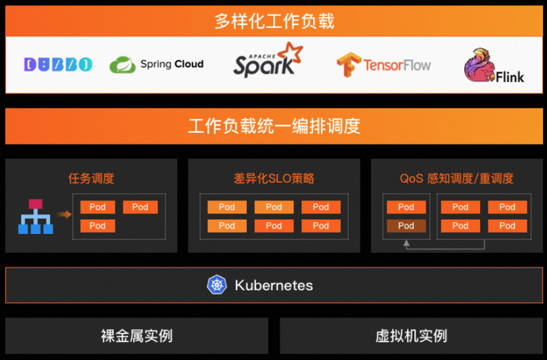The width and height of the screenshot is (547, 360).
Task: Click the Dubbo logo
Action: click(x=58, y=64)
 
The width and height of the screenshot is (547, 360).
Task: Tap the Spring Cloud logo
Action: click(x=157, y=65)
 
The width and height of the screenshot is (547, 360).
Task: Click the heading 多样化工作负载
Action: click(x=273, y=21)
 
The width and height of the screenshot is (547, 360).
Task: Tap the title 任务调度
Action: click(x=91, y=179)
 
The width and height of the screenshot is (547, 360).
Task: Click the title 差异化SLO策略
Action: click(x=273, y=179)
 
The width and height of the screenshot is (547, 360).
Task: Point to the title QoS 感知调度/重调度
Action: click(x=457, y=179)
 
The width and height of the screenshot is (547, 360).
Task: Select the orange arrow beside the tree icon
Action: click(x=65, y=214)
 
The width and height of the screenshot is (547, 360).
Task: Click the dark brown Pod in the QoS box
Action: click(x=406, y=226)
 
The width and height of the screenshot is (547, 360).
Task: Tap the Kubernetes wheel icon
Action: click(x=217, y=286)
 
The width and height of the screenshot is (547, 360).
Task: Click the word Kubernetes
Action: click(x=273, y=286)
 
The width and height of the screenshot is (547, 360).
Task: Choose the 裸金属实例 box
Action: click(x=137, y=336)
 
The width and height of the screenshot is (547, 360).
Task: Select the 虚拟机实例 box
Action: click(x=411, y=336)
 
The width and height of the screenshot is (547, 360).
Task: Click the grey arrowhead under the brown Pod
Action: click(x=406, y=244)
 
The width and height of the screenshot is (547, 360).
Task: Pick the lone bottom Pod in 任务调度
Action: click(x=97, y=226)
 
